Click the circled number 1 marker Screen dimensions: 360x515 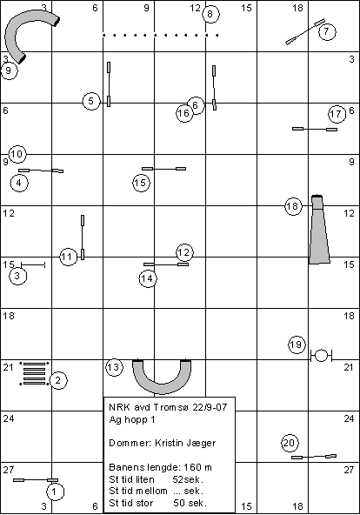pyautogui.click(x=54, y=492)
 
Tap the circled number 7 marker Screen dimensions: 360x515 pyautogui.click(x=326, y=31)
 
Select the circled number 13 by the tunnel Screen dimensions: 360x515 pyautogui.click(x=114, y=367)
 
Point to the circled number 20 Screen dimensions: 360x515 pyautogui.click(x=290, y=443)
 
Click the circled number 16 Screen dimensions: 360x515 pyautogui.click(x=184, y=113)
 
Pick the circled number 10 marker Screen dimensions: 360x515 pyautogui.click(x=17, y=154)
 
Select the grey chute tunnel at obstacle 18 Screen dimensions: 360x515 pyautogui.click(x=319, y=230)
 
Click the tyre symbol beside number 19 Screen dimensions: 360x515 pyautogui.click(x=321, y=356)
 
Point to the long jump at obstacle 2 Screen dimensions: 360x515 pyautogui.click(x=34, y=373)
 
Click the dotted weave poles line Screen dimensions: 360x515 pyautogui.click(x=161, y=35)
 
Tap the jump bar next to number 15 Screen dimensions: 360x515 pyautogui.click(x=163, y=169)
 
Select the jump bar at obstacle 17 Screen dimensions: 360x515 pyautogui.click(x=315, y=129)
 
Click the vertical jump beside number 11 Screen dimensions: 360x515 pyautogui.click(x=83, y=237)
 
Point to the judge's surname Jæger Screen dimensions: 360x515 pyautogui.click(x=202, y=443)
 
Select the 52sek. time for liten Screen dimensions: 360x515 pyautogui.click(x=188, y=479)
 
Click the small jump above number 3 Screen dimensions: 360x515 pyautogui.click(x=33, y=264)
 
